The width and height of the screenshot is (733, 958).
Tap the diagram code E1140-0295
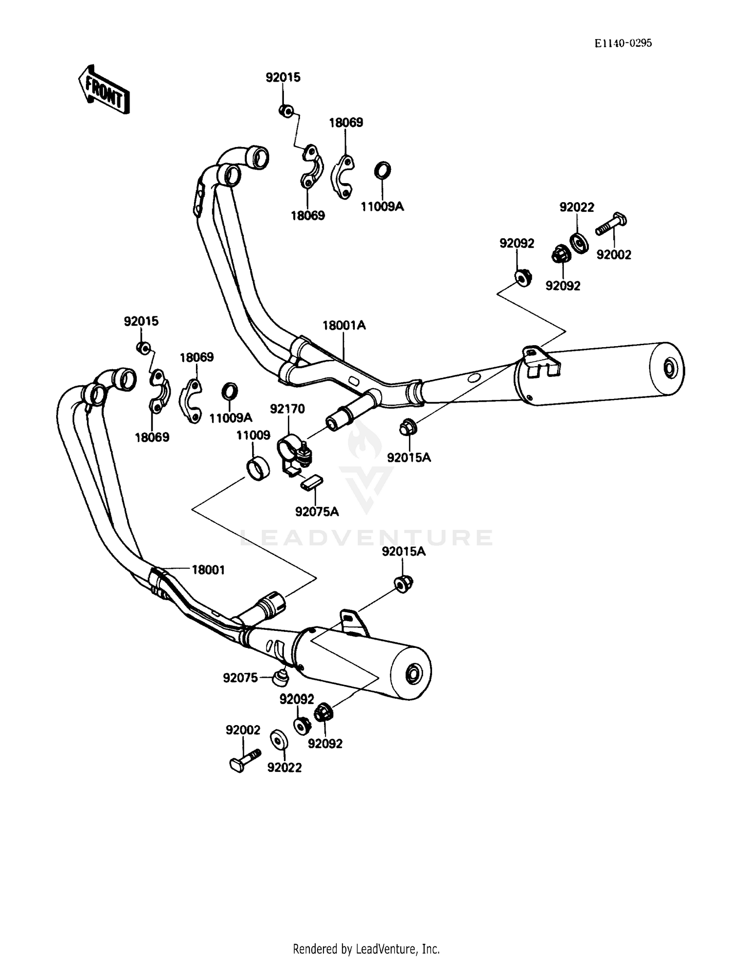point(623,43)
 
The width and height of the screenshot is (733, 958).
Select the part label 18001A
point(344,325)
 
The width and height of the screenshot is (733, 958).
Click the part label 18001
point(208,570)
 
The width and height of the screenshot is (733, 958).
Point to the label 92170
point(287,409)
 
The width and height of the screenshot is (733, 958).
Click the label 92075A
point(317,511)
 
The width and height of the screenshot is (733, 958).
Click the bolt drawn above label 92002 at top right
point(611,224)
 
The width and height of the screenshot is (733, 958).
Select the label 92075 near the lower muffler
point(240,678)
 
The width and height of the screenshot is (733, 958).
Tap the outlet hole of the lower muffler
point(413,675)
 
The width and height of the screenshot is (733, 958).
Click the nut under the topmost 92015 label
point(286,111)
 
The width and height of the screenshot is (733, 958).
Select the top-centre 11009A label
point(382,207)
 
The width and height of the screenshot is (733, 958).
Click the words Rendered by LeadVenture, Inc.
point(366,949)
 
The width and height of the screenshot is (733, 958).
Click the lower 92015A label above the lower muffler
point(404,551)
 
